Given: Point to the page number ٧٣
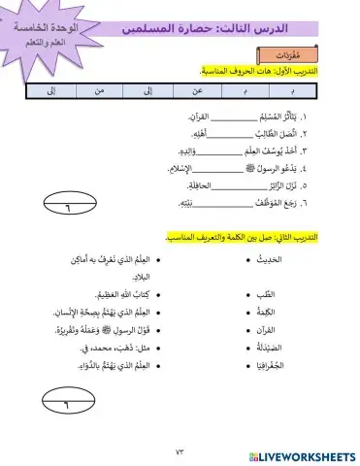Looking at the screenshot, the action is (180, 452).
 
